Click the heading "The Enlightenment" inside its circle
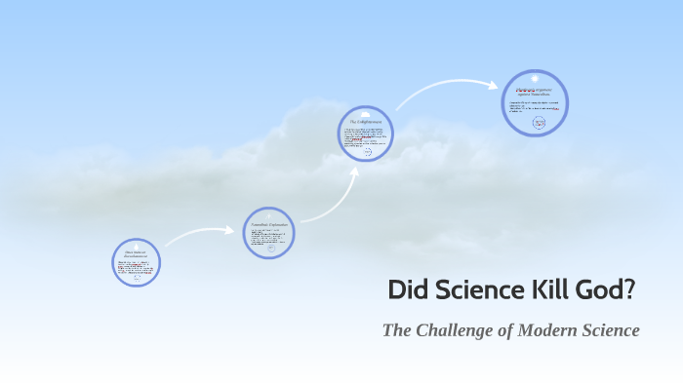pos(366,122)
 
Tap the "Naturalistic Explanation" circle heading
pos(268,223)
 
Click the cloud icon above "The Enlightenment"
pos(366,113)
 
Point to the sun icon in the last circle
pos(535,79)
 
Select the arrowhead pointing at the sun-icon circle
pos(495,84)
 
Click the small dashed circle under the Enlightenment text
pos(367,152)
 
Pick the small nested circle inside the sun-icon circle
pos(538,123)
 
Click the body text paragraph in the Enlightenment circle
pos(365,136)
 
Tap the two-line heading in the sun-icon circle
pos(535,91)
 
